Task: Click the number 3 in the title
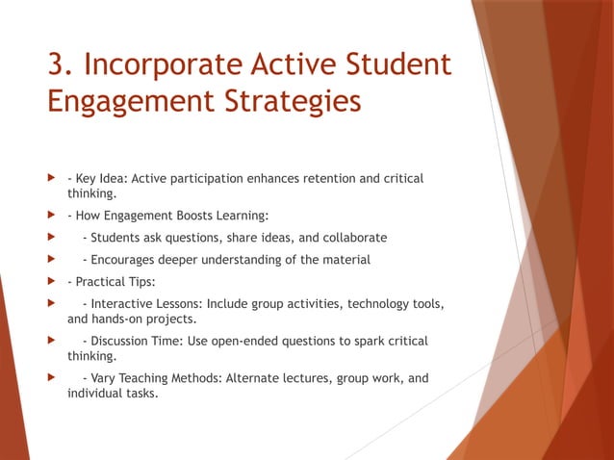[x=59, y=64]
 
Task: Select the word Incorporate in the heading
[x=162, y=64]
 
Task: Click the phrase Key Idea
[x=100, y=179]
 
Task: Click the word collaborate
[x=354, y=238]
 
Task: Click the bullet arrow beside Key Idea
[x=52, y=179]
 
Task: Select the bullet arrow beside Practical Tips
[x=52, y=283]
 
